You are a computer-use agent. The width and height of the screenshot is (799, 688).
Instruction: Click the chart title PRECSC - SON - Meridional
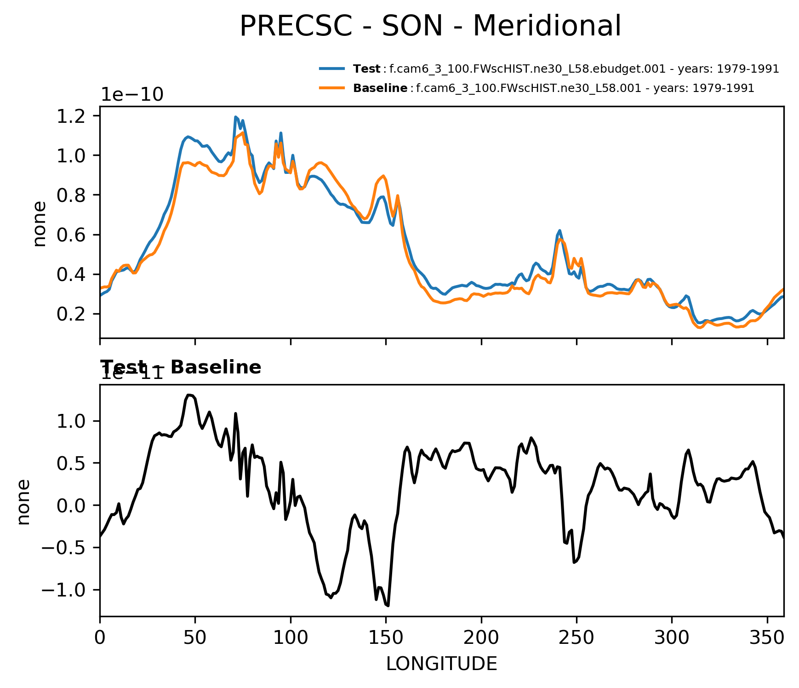pos(430,26)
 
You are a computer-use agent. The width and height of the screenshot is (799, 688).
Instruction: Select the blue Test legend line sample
pos(332,69)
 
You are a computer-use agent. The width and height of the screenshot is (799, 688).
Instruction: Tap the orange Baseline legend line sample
pos(332,88)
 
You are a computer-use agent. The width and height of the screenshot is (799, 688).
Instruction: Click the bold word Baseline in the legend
pos(380,88)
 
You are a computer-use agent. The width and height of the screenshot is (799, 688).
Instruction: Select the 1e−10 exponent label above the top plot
pos(132,95)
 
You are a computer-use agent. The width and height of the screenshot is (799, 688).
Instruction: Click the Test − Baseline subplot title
pos(181,367)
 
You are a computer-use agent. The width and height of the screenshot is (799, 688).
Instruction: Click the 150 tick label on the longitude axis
pos(386,638)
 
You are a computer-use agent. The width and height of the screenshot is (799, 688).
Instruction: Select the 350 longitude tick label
pos(767,638)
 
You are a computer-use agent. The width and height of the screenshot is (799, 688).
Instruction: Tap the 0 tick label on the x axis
pos(100,638)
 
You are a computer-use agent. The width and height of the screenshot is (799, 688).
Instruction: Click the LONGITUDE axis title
pos(441,664)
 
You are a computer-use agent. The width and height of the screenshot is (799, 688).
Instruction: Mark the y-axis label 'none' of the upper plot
pos(40,224)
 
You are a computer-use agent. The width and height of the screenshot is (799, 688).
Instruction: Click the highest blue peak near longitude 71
pos(235,117)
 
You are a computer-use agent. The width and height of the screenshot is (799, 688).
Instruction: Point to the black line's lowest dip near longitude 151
pos(388,606)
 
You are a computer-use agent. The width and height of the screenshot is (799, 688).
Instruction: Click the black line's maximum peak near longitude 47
pos(188,395)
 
